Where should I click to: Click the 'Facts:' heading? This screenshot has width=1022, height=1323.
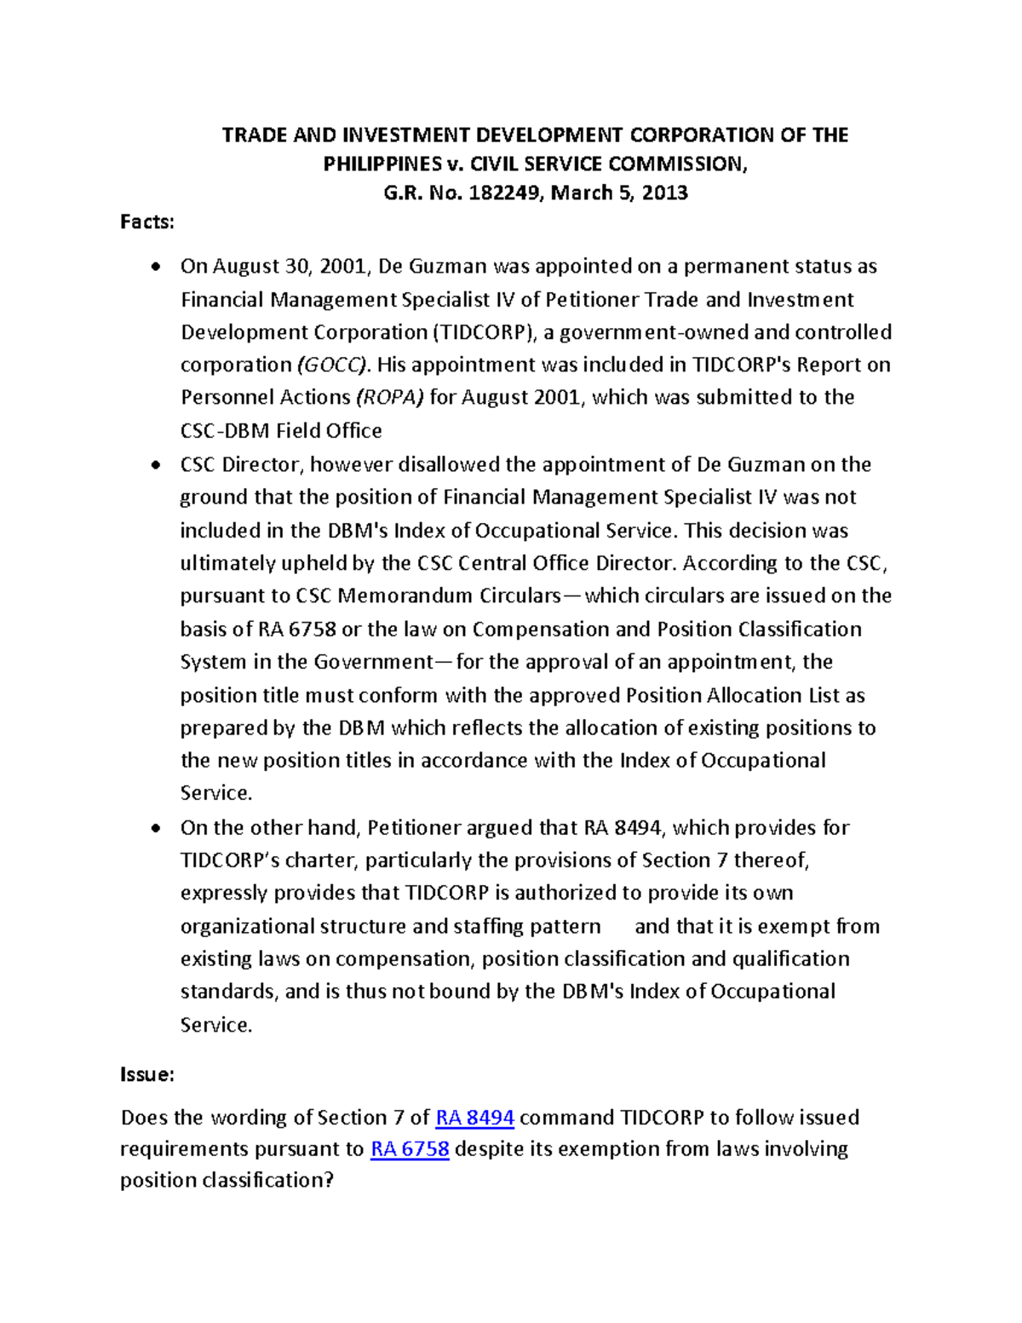[x=146, y=222]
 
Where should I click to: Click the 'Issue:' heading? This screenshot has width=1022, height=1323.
[x=146, y=1074]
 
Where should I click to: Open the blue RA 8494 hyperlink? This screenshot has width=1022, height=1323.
[x=474, y=1117]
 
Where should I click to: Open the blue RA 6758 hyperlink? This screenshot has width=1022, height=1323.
[x=410, y=1148]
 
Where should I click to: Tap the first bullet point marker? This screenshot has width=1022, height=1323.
[x=154, y=267]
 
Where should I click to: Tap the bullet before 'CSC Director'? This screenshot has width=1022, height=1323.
[x=154, y=466]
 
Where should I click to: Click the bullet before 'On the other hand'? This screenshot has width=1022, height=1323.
[x=154, y=829]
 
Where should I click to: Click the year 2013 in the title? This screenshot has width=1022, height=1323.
[x=664, y=193]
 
